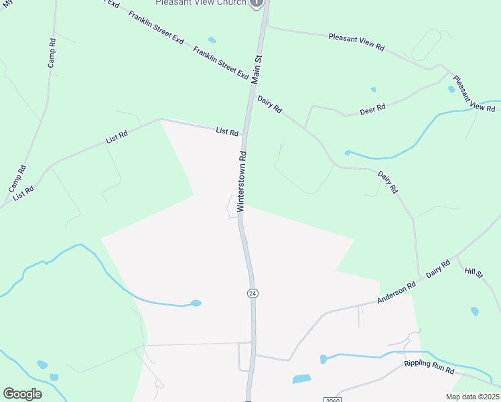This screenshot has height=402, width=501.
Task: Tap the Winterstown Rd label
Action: pos(243,181)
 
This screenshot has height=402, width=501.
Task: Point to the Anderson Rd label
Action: pos(397,293)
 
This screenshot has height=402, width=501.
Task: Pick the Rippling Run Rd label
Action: pos(429,368)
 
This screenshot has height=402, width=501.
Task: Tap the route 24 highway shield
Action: pos(252,293)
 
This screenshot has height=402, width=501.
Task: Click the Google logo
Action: pos(22,394)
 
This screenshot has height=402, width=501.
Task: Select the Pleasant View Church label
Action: pos(201,3)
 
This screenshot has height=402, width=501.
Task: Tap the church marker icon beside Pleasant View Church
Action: pos(257,3)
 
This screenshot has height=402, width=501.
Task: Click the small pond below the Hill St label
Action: pos(475,311)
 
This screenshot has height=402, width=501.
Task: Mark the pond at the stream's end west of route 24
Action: pos(196,304)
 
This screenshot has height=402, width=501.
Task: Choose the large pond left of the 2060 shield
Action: pos(301,379)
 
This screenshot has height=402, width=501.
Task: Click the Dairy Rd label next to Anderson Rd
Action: pos(439,269)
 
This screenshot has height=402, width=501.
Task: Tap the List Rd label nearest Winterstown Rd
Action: pos(227,132)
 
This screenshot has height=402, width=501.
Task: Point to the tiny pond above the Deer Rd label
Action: pos(373,89)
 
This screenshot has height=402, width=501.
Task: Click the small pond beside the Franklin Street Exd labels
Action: pos(212,40)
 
